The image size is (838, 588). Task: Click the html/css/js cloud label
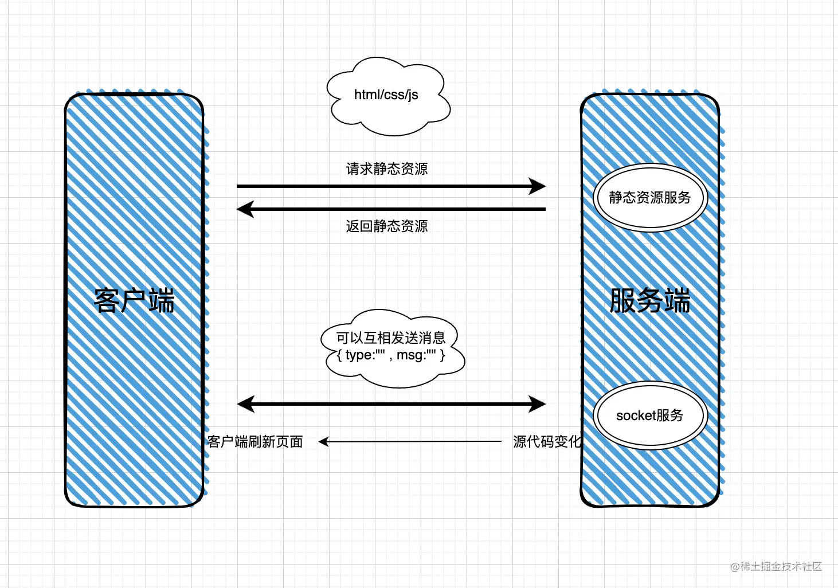tap(386, 95)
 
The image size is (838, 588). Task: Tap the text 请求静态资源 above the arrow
tap(386, 169)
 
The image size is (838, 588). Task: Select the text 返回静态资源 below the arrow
tap(386, 226)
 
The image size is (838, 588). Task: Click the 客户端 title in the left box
tap(134, 301)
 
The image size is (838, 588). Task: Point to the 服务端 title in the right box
tap(649, 301)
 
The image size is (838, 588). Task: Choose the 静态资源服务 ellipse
tap(649, 198)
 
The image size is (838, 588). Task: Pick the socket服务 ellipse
tap(649, 415)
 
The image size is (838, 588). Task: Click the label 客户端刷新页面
tap(255, 442)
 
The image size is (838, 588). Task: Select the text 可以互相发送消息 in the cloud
tap(391, 338)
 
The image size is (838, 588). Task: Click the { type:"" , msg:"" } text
tap(391, 355)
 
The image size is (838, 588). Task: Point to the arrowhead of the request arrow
tap(538, 186)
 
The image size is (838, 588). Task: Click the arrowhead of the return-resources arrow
tap(245, 209)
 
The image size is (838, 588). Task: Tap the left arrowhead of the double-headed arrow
tap(245, 404)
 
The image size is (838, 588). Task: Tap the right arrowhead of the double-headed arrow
tap(538, 404)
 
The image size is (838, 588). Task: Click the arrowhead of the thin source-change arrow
tap(323, 442)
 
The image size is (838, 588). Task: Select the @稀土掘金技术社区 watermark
tap(776, 567)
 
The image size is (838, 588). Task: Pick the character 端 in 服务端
tap(677, 301)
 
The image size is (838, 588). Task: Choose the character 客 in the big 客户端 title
tap(107, 301)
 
